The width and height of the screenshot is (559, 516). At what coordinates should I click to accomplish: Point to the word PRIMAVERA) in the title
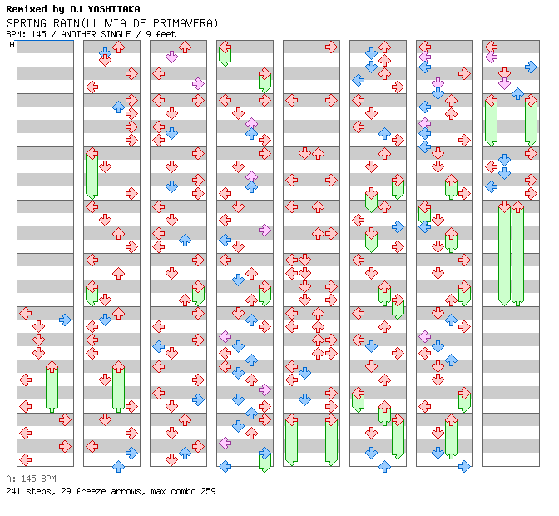click(182, 22)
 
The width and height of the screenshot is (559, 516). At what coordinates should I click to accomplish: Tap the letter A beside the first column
click(12, 45)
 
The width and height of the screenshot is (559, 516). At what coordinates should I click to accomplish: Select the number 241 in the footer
click(14, 491)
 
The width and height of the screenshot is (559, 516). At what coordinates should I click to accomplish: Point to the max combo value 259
click(207, 491)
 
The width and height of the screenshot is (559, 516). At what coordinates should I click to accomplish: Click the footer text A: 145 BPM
click(31, 479)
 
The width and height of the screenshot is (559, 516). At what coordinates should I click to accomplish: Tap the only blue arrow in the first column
click(65, 320)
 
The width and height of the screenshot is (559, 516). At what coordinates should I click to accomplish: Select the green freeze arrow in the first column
click(52, 386)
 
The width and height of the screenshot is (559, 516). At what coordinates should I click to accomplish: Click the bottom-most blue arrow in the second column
click(118, 466)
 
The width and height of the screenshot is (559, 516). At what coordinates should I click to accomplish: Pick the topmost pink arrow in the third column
click(171, 57)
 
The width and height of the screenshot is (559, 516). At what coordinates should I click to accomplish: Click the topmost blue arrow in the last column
click(531, 67)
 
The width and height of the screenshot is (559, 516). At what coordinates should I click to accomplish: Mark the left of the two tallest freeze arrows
click(504, 253)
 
